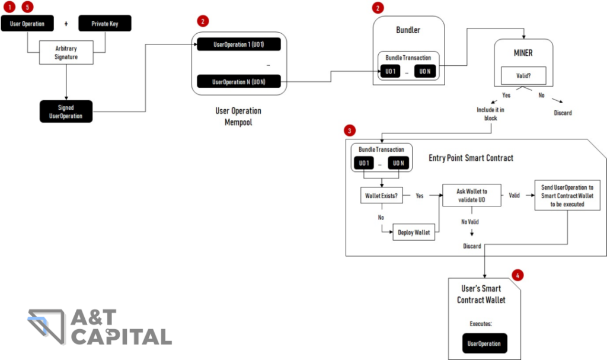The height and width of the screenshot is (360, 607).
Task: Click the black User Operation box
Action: (27, 24)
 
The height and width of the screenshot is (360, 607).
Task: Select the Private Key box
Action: (104, 24)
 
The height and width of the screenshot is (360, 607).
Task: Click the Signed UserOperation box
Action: (66, 111)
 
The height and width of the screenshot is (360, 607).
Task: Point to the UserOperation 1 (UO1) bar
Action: (238, 46)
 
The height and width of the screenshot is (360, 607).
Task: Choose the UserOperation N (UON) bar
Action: (238, 81)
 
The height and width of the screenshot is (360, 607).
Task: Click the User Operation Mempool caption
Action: (238, 116)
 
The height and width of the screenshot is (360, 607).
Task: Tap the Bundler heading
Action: (408, 30)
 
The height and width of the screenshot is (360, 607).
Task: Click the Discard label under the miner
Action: (563, 113)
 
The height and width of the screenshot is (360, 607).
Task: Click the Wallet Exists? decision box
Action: (382, 195)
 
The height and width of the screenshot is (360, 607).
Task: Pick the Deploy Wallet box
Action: (414, 232)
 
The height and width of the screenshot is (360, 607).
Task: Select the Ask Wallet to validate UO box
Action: (471, 195)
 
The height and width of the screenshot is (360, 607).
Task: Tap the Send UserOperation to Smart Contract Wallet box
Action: (567, 195)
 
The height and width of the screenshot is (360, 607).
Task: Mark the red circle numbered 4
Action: (519, 275)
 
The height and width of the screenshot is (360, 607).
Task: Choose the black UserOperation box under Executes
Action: (484, 343)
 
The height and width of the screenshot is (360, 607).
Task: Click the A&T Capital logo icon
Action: (47, 326)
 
